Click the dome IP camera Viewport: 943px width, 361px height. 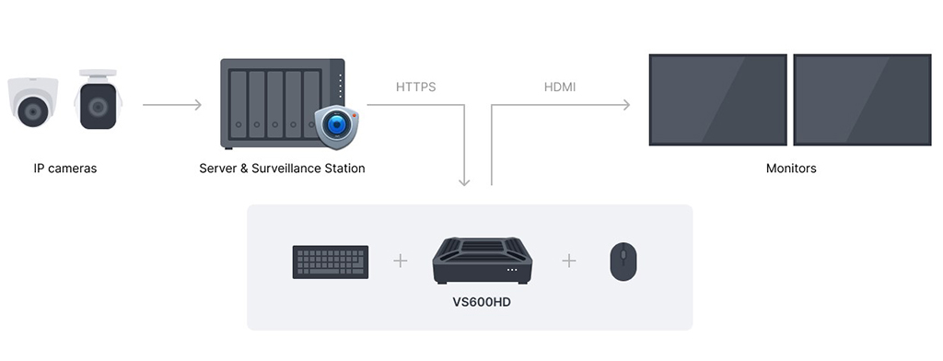click(x=33, y=103)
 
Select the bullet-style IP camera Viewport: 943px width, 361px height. click(x=98, y=101)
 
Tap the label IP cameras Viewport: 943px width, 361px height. click(x=65, y=169)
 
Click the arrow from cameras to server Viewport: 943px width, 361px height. click(x=172, y=105)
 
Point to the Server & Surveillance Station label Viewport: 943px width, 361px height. click(x=282, y=169)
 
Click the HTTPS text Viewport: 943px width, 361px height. click(x=415, y=87)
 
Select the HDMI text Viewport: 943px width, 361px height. click(x=560, y=87)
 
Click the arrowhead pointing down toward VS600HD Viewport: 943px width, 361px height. click(x=464, y=180)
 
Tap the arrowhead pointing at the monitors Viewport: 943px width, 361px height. click(x=625, y=105)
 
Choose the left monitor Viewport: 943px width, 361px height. click(x=718, y=99)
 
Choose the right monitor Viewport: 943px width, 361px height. click(x=862, y=99)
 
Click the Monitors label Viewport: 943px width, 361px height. click(x=791, y=169)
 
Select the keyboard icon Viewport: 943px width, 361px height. click(x=331, y=262)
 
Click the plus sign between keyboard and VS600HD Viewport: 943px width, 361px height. click(x=400, y=261)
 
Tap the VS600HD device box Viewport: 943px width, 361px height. click(x=480, y=261)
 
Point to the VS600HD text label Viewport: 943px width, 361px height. click(x=482, y=301)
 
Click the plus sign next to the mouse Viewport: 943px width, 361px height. click(x=569, y=261)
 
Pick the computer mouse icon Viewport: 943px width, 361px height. click(x=623, y=262)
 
